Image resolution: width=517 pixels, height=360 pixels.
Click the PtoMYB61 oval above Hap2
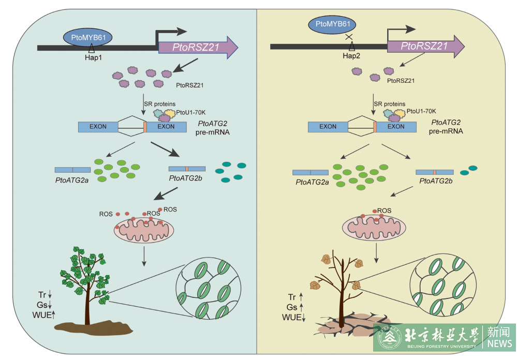pyautogui.click(x=336, y=24)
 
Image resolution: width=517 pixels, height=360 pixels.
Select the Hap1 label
pyautogui.click(x=93, y=57)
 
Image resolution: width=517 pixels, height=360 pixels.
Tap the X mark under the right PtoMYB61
pyautogui.click(x=349, y=37)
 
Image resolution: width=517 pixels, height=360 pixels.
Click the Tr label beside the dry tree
pyautogui.click(x=292, y=297)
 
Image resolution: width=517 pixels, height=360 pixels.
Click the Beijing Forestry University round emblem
pyautogui.click(x=389, y=338)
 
